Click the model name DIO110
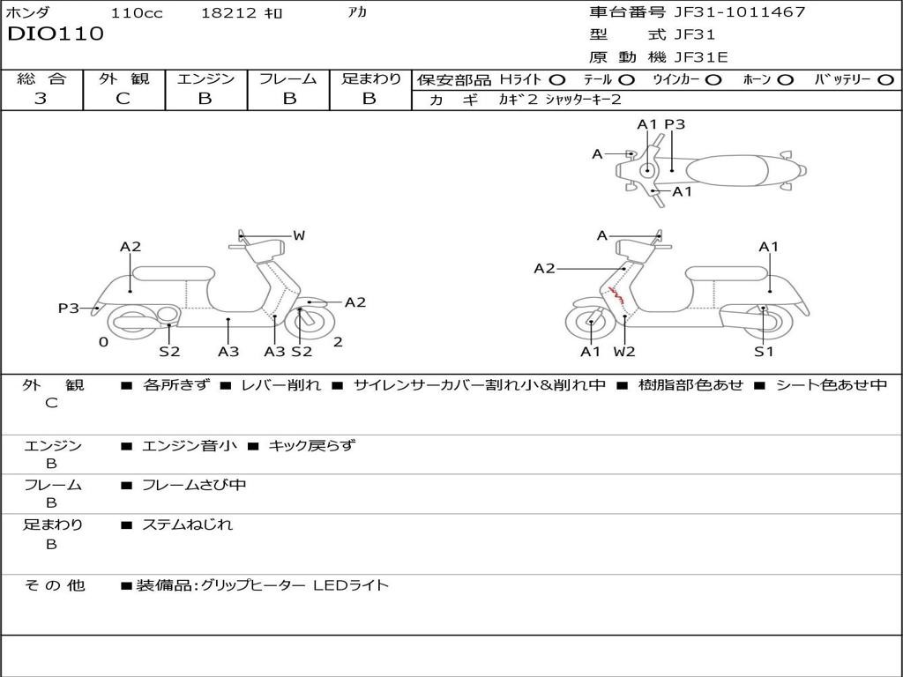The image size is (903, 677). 56,34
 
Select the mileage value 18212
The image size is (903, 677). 228,13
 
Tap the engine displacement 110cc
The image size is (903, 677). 137,13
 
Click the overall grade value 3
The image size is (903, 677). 41,99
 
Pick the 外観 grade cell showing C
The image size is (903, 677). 123,99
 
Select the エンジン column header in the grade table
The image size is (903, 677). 206,78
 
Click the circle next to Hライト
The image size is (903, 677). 557,79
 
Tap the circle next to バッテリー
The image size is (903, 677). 885,79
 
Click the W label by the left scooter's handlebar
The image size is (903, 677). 299,235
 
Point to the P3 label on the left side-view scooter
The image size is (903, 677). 68,308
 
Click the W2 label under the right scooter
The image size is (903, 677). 624,352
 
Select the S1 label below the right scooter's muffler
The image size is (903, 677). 764,352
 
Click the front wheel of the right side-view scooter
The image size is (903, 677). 590,324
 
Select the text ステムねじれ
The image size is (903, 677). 188,524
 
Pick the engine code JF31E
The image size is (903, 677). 700,57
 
